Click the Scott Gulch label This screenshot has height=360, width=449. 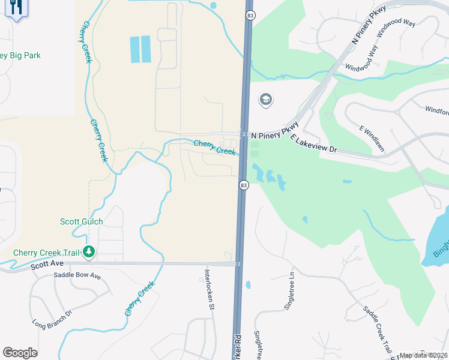(81, 221)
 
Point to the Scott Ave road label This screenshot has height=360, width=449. (47, 263)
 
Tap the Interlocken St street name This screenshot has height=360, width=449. (208, 288)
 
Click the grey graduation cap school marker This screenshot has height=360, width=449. (265, 99)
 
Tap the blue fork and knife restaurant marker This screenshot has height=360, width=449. (16, 8)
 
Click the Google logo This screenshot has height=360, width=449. (20, 353)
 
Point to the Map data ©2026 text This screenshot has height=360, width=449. (423, 355)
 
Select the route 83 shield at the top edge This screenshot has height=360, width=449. (249, 14)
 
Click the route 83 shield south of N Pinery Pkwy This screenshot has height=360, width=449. (243, 185)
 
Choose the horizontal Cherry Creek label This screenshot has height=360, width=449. (214, 147)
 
